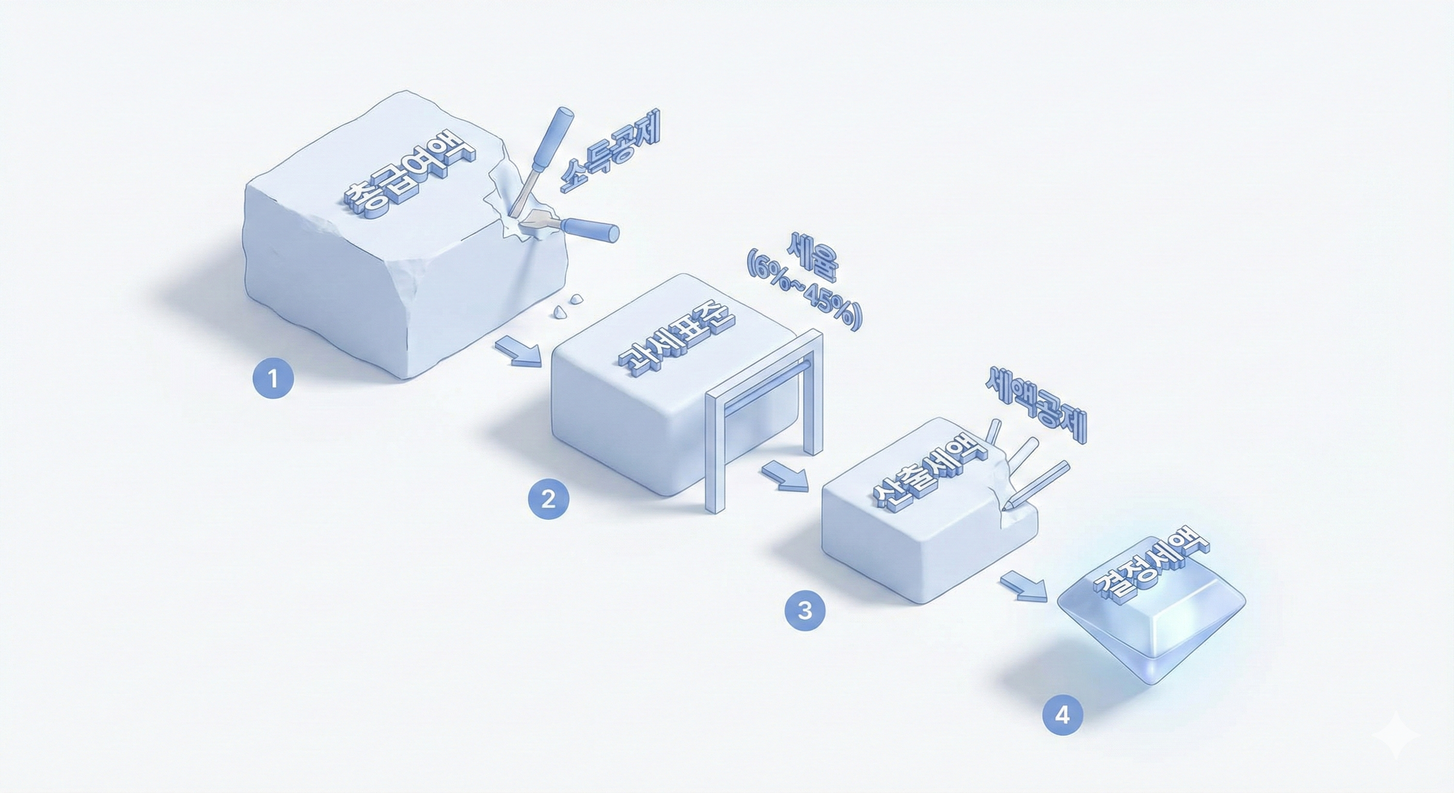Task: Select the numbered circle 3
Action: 805,610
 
